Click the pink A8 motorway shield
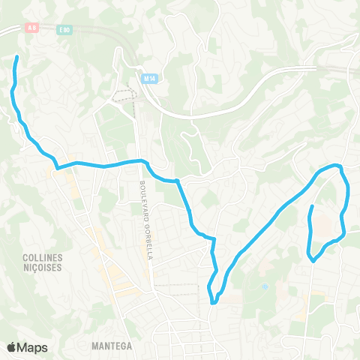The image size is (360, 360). (31, 27)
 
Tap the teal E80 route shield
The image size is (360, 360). (66, 31)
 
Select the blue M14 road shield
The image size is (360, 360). (147, 76)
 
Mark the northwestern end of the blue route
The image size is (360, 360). (16, 56)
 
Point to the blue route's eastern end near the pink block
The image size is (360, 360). (311, 205)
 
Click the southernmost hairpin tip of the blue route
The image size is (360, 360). (214, 303)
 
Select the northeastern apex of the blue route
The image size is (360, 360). (339, 165)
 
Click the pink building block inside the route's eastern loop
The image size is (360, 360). (322, 223)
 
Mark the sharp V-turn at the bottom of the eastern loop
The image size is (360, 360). (313, 261)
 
